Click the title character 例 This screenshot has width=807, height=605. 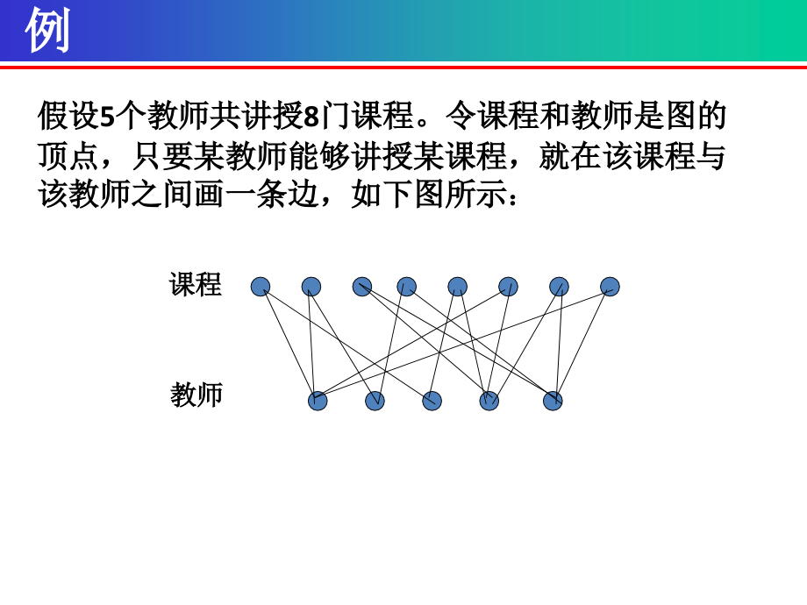[x=46, y=31]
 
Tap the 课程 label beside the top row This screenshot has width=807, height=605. [x=196, y=284]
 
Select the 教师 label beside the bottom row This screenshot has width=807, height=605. [x=196, y=395]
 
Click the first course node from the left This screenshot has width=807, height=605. [x=261, y=287]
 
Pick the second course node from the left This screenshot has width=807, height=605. [x=311, y=287]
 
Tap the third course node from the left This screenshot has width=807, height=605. [x=362, y=287]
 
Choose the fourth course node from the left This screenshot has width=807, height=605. [x=406, y=287]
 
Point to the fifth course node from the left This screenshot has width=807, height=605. [x=457, y=287]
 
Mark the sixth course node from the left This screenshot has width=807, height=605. [x=508, y=287]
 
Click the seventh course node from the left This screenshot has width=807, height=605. [x=559, y=287]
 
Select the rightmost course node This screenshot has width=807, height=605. [x=611, y=287]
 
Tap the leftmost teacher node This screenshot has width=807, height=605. [x=318, y=401]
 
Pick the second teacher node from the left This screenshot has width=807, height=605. [x=375, y=401]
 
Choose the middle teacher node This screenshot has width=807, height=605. [x=432, y=401]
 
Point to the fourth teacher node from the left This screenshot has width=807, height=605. [x=489, y=401]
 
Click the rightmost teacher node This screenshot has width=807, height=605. [x=553, y=401]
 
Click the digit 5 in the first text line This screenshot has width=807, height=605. [x=108, y=116]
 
